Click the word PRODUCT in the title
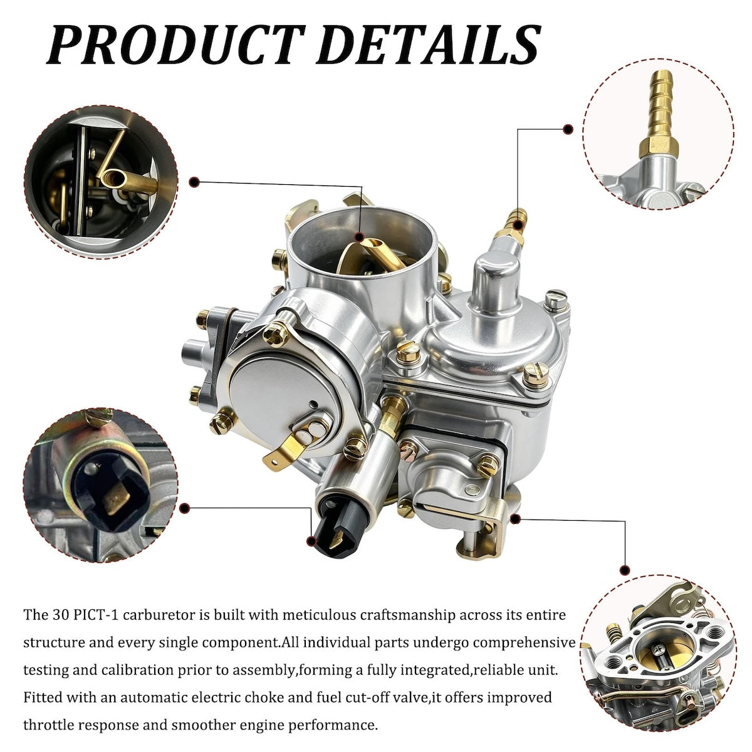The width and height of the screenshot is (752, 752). (x=175, y=44)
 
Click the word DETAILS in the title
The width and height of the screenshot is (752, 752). (x=428, y=44)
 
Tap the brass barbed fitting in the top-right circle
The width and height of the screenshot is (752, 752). (x=659, y=113)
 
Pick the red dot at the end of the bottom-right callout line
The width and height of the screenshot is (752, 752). (x=625, y=570)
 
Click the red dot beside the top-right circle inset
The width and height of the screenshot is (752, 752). (x=568, y=129)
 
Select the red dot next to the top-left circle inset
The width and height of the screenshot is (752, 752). (x=194, y=182)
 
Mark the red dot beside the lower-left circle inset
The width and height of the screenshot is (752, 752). (x=184, y=508)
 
